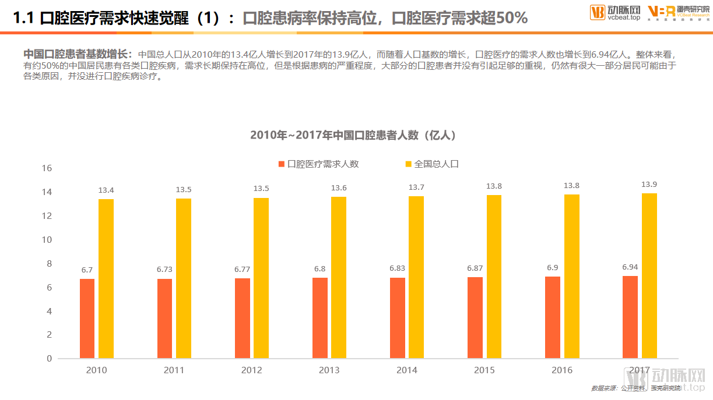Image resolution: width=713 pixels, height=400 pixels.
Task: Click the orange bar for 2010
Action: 87,318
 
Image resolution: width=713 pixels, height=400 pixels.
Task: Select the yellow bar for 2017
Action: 649,276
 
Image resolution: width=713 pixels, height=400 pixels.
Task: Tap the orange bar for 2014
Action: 398,318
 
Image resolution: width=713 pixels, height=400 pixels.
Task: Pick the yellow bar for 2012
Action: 261,278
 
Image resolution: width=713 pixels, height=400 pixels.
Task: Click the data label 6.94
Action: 630,267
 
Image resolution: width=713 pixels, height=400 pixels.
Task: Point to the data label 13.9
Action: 649,184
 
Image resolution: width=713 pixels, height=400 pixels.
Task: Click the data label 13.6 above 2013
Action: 339,187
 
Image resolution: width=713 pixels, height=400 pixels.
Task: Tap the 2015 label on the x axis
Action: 484,370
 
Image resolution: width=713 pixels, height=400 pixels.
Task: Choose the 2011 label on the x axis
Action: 174,370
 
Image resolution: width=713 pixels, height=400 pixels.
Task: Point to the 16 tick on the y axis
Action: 47,168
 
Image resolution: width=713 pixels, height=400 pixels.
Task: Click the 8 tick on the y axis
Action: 49,264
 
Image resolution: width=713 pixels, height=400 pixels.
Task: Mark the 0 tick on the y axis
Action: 49,359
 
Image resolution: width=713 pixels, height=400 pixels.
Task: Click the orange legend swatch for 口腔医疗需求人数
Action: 282,164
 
